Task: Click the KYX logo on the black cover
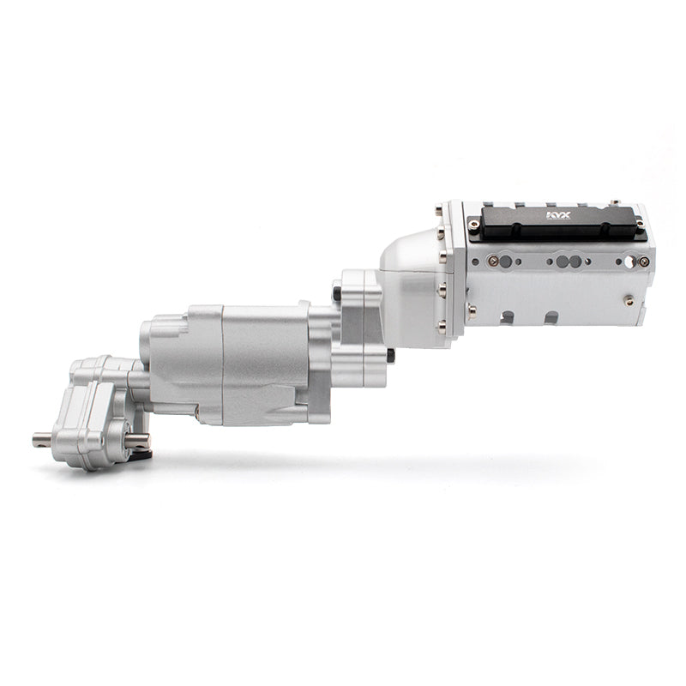coord(558,215)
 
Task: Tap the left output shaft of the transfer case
coord(43,439)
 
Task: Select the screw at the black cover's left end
coord(473,226)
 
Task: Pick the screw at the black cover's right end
coord(640,225)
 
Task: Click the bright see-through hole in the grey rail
coord(629,262)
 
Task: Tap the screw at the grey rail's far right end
coord(643,262)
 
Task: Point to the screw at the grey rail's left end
coord(493,262)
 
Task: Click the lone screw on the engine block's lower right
coord(629,301)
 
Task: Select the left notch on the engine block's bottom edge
coord(508,316)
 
